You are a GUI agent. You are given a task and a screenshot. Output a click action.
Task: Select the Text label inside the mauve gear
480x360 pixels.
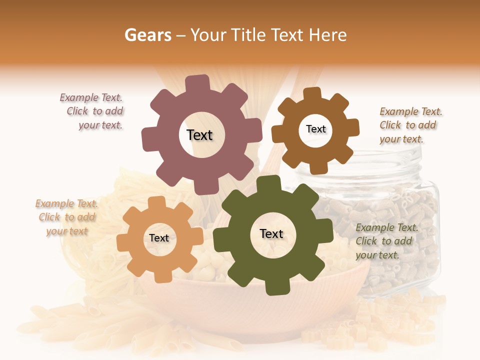tap(199, 135)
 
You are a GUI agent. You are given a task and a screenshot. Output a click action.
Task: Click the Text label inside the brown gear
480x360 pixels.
tap(315, 129)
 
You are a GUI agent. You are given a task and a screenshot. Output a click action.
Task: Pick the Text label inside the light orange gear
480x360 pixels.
tap(159, 238)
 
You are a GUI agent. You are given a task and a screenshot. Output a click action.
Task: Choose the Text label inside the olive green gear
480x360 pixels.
tap(271, 233)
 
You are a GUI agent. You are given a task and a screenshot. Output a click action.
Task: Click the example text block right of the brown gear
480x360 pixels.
tap(410, 125)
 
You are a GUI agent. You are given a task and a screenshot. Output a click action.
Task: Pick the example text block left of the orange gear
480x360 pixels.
tap(66, 217)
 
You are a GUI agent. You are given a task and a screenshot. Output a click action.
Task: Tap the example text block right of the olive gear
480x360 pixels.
tap(386, 241)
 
